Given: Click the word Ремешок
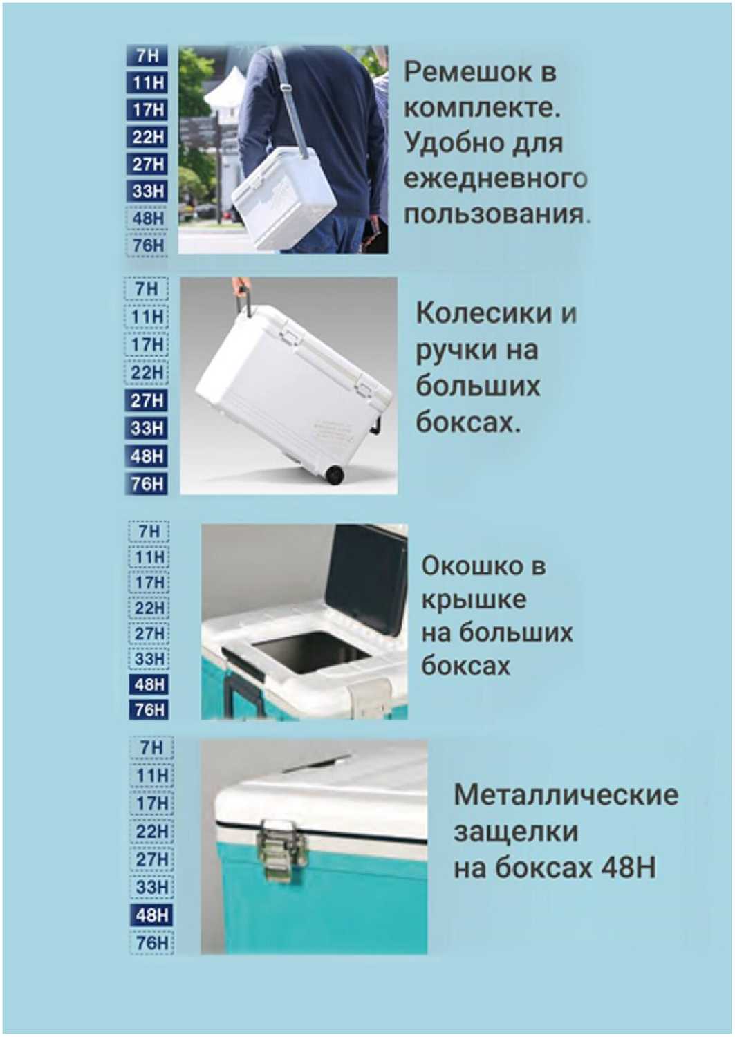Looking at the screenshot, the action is coord(468,73).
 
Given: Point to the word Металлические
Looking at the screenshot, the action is coord(566,794).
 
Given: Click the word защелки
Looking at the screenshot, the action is coord(516,832).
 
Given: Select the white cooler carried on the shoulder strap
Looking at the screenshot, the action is coord(283,198).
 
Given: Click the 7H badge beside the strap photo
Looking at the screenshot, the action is coord(147,56).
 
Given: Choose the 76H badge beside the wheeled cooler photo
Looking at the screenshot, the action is coord(147,484).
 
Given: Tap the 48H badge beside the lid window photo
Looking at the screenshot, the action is coord(149,684).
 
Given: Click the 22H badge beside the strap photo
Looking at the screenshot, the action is coord(147,137).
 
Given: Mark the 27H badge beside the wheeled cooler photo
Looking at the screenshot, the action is coord(147,400).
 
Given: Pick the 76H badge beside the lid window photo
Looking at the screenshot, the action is coord(149,709).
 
